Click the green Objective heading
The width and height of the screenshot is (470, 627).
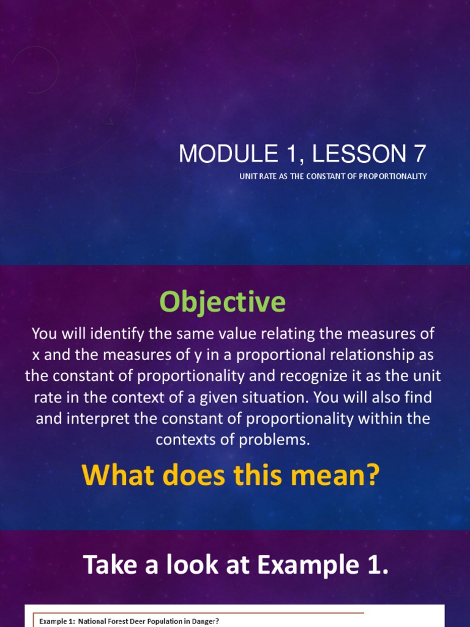point(222,302)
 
